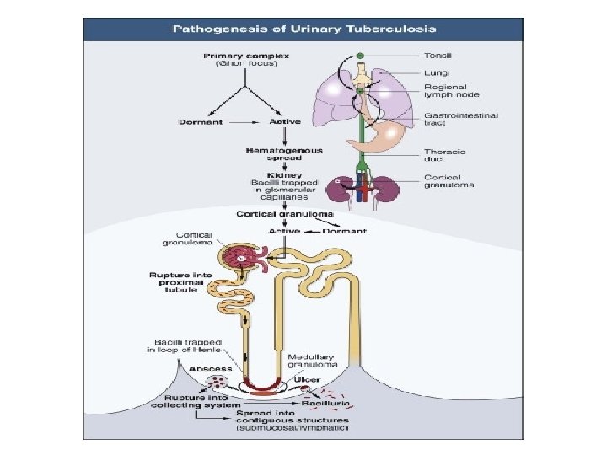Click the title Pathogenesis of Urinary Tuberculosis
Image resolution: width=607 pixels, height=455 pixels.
pyautogui.click(x=304, y=29)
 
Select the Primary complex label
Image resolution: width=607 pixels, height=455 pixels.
pyautogui.click(x=245, y=56)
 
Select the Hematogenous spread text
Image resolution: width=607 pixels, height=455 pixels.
pyautogui.click(x=283, y=154)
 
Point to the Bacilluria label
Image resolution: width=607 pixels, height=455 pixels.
pyautogui.click(x=331, y=404)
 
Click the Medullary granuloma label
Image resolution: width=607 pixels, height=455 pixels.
pyautogui.click(x=313, y=361)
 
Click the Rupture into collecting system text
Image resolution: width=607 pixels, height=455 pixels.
pyautogui.click(x=192, y=401)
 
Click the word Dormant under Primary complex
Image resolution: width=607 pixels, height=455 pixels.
pyautogui.click(x=201, y=122)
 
